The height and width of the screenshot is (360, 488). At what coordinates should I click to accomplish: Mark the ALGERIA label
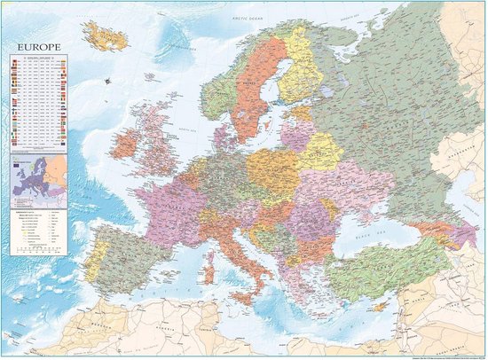pyautogui.click(x=177, y=333)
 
